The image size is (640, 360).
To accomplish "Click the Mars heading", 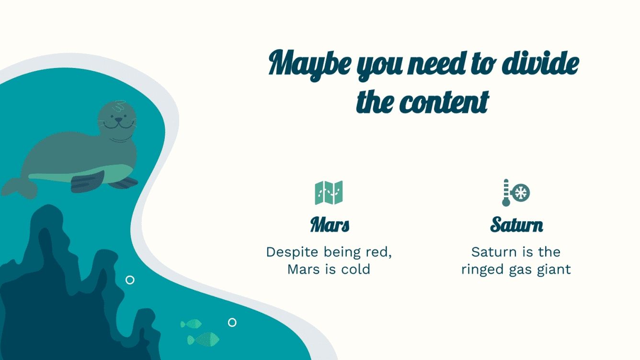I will pyautogui.click(x=330, y=225).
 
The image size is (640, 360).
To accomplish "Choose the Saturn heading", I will pyautogui.click(x=516, y=225).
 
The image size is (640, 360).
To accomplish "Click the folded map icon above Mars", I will pyautogui.click(x=329, y=192).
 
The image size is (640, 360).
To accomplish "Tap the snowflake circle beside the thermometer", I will pyautogui.click(x=520, y=193).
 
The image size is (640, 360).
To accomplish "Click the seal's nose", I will pyautogui.click(x=118, y=120).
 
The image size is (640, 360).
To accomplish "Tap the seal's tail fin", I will pyautogui.click(x=19, y=187).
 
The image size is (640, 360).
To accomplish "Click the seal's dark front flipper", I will pyautogui.click(x=88, y=181).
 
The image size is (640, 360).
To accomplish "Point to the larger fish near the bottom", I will pyautogui.click(x=204, y=340).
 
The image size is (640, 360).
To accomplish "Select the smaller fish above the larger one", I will pyautogui.click(x=192, y=324).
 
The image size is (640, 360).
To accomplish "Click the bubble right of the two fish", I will pyautogui.click(x=232, y=322).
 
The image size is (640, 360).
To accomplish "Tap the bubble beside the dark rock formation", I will pyautogui.click(x=130, y=280).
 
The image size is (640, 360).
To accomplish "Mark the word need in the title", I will pyautogui.click(x=434, y=65).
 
